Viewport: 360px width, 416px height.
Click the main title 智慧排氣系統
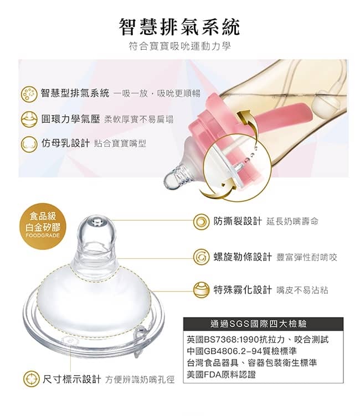tap(179, 27)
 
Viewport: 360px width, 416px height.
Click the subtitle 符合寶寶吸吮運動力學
tap(179, 46)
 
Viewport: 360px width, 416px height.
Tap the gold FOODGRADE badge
tap(43, 226)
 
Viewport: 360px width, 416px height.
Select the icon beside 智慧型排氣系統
tap(29, 94)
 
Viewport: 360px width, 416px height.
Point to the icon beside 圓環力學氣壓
tap(29, 119)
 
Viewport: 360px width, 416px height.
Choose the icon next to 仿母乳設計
tap(29, 144)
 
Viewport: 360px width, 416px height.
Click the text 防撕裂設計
tap(238, 221)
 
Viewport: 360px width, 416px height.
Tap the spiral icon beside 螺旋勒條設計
tap(202, 257)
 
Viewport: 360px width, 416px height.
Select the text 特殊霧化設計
tap(243, 289)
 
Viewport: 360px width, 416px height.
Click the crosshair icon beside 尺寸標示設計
tap(32, 379)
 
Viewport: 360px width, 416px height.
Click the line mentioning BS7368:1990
tap(258, 339)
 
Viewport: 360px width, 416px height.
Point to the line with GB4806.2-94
tap(241, 351)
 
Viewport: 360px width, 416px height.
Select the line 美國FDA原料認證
tap(221, 375)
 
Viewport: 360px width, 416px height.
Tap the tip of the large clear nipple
tap(97, 222)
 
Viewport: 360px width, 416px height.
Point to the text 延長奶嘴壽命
tap(292, 221)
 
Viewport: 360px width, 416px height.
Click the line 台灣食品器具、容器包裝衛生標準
tap(251, 363)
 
